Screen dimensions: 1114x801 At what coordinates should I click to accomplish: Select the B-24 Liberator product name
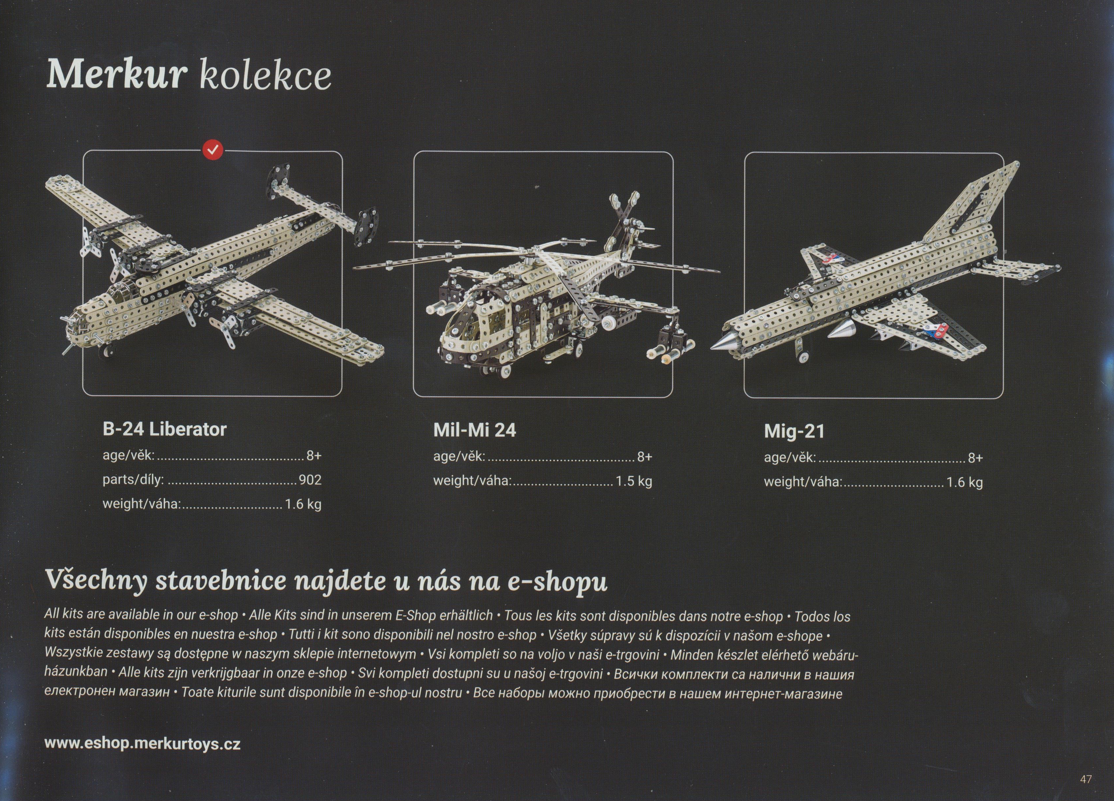(x=164, y=429)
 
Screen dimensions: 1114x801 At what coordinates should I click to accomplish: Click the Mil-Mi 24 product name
(x=475, y=430)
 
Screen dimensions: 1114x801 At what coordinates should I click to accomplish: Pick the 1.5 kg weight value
(x=633, y=481)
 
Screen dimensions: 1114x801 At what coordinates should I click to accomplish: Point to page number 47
(x=1086, y=779)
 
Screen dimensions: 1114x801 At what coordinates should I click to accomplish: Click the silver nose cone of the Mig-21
(x=724, y=342)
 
